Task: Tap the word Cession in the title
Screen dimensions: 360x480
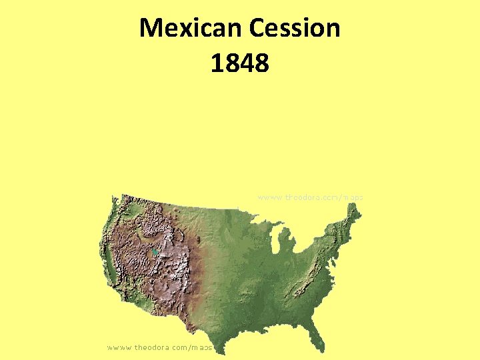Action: click(294, 28)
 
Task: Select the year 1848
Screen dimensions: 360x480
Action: click(239, 63)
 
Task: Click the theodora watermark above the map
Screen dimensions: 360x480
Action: click(310, 197)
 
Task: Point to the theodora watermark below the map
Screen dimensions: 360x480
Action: click(160, 347)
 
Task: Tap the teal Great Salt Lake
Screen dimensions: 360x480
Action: click(155, 252)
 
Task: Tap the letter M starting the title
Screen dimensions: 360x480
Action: click(150, 28)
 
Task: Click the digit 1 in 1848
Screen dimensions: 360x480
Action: click(216, 63)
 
